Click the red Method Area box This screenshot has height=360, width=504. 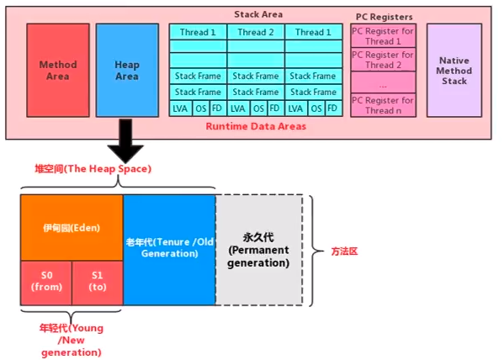tap(57, 69)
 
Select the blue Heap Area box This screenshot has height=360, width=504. tap(126, 69)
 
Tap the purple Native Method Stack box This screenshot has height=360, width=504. tap(454, 69)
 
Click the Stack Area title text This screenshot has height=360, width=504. tap(257, 14)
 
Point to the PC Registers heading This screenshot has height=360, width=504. tap(383, 16)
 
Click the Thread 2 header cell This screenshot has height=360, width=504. tap(256, 32)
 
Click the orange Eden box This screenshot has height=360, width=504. tap(72, 228)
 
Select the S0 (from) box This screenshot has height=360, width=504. tap(45, 282)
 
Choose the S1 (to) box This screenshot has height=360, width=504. tap(97, 282)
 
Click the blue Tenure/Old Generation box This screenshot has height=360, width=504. tap(168, 249)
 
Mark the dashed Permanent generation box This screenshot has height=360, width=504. tap(258, 249)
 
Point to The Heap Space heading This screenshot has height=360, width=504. tap(93, 170)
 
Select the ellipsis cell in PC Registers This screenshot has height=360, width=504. tap(383, 83)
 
